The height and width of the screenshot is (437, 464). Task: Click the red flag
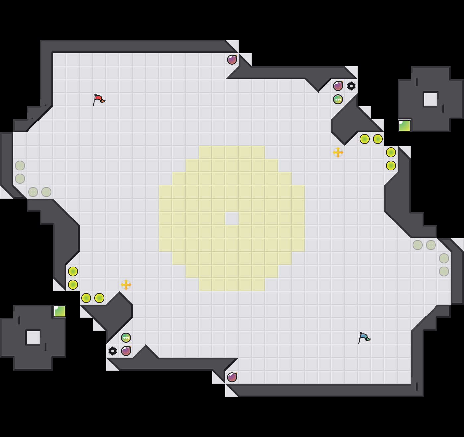tap(99, 99)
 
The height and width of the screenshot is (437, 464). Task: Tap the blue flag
tap(364, 338)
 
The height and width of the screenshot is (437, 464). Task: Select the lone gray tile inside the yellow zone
tap(232, 218)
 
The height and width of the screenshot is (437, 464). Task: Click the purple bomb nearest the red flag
tap(232, 60)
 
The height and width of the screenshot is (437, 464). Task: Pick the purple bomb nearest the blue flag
tap(232, 377)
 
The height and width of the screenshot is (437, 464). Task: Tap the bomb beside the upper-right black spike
tap(338, 86)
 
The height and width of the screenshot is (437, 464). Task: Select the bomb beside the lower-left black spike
tap(126, 351)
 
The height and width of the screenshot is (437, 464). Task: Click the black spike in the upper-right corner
tap(351, 86)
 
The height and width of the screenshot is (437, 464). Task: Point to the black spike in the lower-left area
tap(113, 351)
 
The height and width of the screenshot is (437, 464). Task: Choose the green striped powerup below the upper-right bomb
tap(338, 99)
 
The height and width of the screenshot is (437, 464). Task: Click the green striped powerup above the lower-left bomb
tap(126, 338)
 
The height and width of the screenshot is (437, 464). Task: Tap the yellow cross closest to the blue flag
tap(338, 152)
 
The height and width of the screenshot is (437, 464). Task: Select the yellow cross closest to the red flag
tap(126, 285)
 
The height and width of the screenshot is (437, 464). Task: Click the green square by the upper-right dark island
tap(404, 126)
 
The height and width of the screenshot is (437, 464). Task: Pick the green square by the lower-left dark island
tap(60, 311)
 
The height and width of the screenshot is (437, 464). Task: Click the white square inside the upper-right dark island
tap(431, 99)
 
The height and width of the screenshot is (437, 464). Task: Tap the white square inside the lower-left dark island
tap(33, 337)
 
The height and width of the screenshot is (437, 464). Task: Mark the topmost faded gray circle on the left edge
tap(20, 166)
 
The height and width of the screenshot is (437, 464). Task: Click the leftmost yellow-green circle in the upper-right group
tap(365, 139)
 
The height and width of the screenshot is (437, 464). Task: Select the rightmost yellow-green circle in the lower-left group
tap(99, 298)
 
